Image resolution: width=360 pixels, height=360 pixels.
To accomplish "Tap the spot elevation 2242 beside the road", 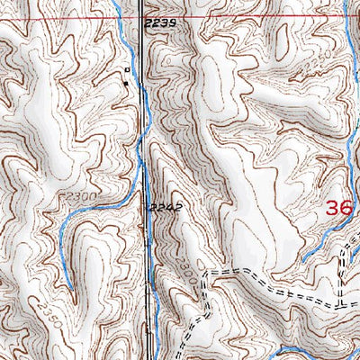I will [x=166, y=207].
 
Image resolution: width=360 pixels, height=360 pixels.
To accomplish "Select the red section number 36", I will [x=338, y=208].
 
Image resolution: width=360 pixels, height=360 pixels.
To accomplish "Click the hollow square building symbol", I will [x=127, y=69].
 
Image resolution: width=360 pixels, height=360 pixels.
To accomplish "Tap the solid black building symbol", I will [x=125, y=84].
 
